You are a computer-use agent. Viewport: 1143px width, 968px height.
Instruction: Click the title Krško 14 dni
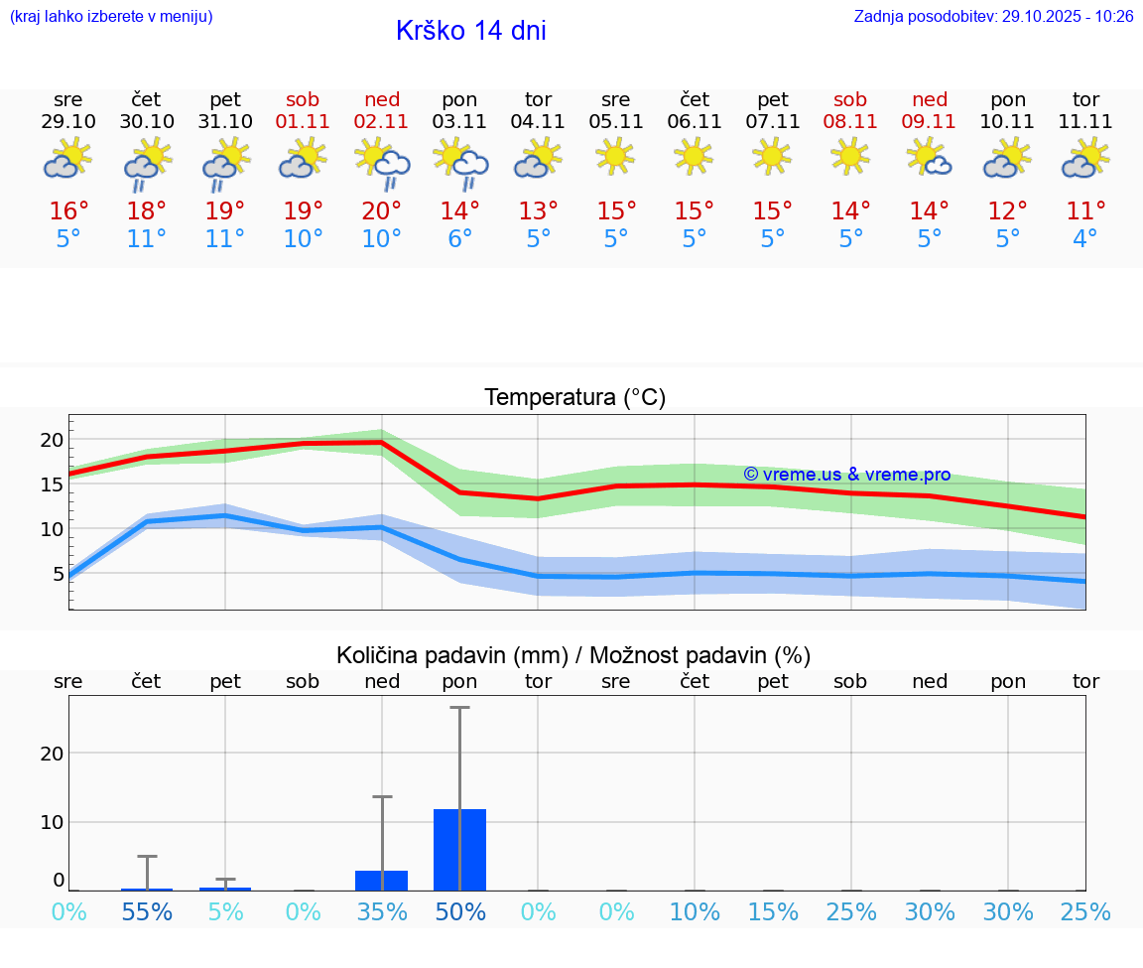470,31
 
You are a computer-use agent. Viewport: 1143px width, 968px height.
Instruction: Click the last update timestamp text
993,17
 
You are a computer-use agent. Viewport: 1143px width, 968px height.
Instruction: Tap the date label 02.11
382,122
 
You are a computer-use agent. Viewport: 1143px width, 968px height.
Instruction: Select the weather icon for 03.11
460,163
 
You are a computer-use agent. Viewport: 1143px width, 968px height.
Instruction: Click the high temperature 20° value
382,211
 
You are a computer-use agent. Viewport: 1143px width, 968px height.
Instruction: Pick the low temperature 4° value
1085,239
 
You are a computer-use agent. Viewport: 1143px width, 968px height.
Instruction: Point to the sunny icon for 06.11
695,155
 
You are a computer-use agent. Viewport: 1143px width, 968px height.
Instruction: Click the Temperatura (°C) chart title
574,398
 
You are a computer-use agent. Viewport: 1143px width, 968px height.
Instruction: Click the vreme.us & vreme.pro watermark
847,475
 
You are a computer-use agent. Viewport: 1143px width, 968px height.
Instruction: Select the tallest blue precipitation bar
460,849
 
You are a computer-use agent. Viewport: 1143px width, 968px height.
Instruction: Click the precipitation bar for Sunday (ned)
382,881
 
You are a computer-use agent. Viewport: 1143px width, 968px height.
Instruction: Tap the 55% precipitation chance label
147,912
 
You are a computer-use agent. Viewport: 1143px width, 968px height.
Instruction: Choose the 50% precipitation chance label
460,912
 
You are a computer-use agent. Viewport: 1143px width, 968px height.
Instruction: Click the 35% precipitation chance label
382,912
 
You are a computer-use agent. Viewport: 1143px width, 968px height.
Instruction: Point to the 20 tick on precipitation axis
52,753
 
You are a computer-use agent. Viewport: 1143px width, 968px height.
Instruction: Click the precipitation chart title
573,655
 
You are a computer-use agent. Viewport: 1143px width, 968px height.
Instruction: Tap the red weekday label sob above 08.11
850,100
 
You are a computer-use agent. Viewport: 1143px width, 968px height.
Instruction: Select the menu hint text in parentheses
111,17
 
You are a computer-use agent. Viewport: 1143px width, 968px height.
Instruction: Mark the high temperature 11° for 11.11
1085,211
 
